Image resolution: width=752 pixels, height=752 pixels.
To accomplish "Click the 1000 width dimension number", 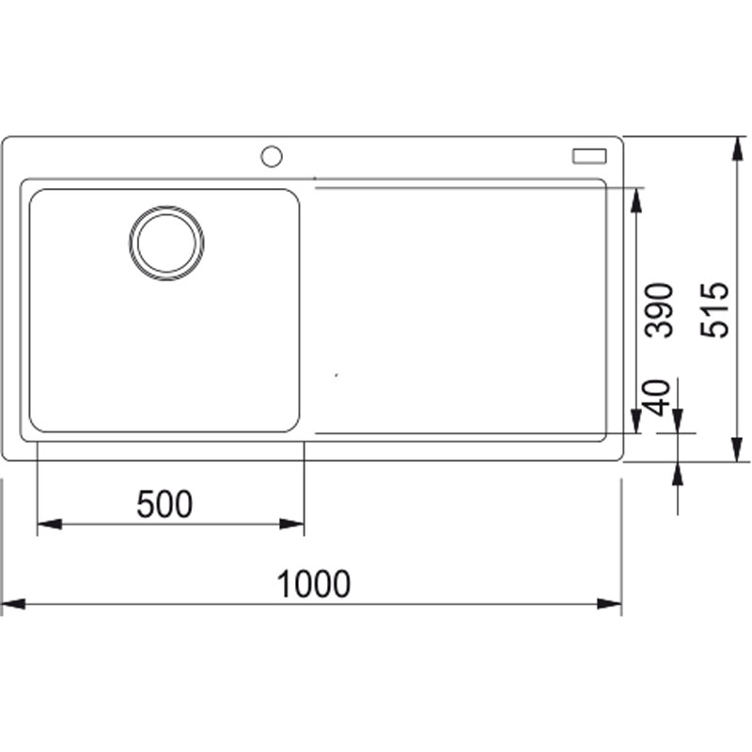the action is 314,584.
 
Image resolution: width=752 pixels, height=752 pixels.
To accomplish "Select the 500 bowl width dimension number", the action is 164,504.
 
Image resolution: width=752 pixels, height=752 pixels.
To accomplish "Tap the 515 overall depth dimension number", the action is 714,310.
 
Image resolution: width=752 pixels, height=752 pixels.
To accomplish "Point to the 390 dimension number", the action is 660,310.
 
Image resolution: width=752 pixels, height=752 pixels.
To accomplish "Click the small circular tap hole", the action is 272,156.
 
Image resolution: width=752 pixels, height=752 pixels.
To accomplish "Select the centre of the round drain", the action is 166,243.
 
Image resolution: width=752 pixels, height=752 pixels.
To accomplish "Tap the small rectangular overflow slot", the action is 589,156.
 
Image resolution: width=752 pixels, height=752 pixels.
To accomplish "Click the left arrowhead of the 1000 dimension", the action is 13,603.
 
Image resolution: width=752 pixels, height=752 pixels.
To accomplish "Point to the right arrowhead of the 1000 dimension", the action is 609,603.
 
